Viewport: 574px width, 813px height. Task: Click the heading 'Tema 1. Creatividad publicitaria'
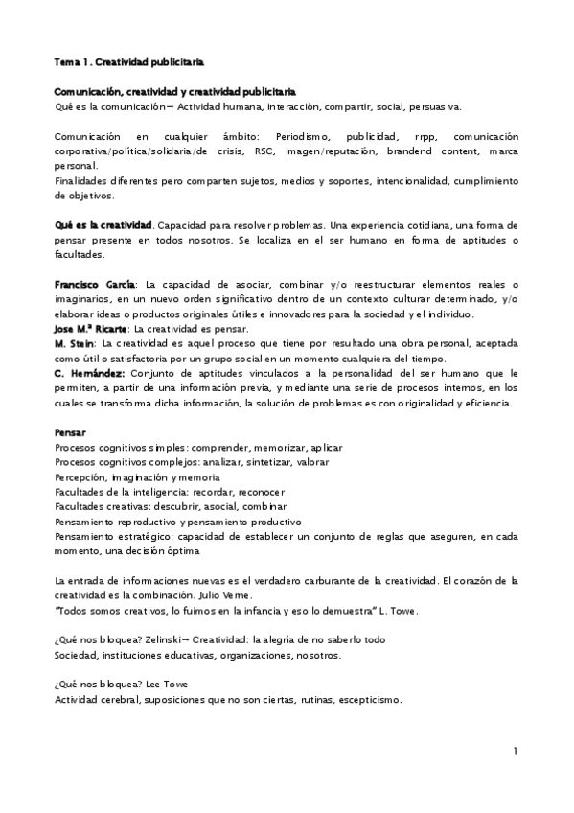[x=129, y=62]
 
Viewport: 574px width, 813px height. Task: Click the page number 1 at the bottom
[x=515, y=750]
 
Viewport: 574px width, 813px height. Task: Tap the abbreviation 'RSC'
[x=264, y=151]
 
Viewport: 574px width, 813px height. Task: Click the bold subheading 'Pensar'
[x=70, y=432]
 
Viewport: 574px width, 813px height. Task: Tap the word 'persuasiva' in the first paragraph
[x=436, y=106]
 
